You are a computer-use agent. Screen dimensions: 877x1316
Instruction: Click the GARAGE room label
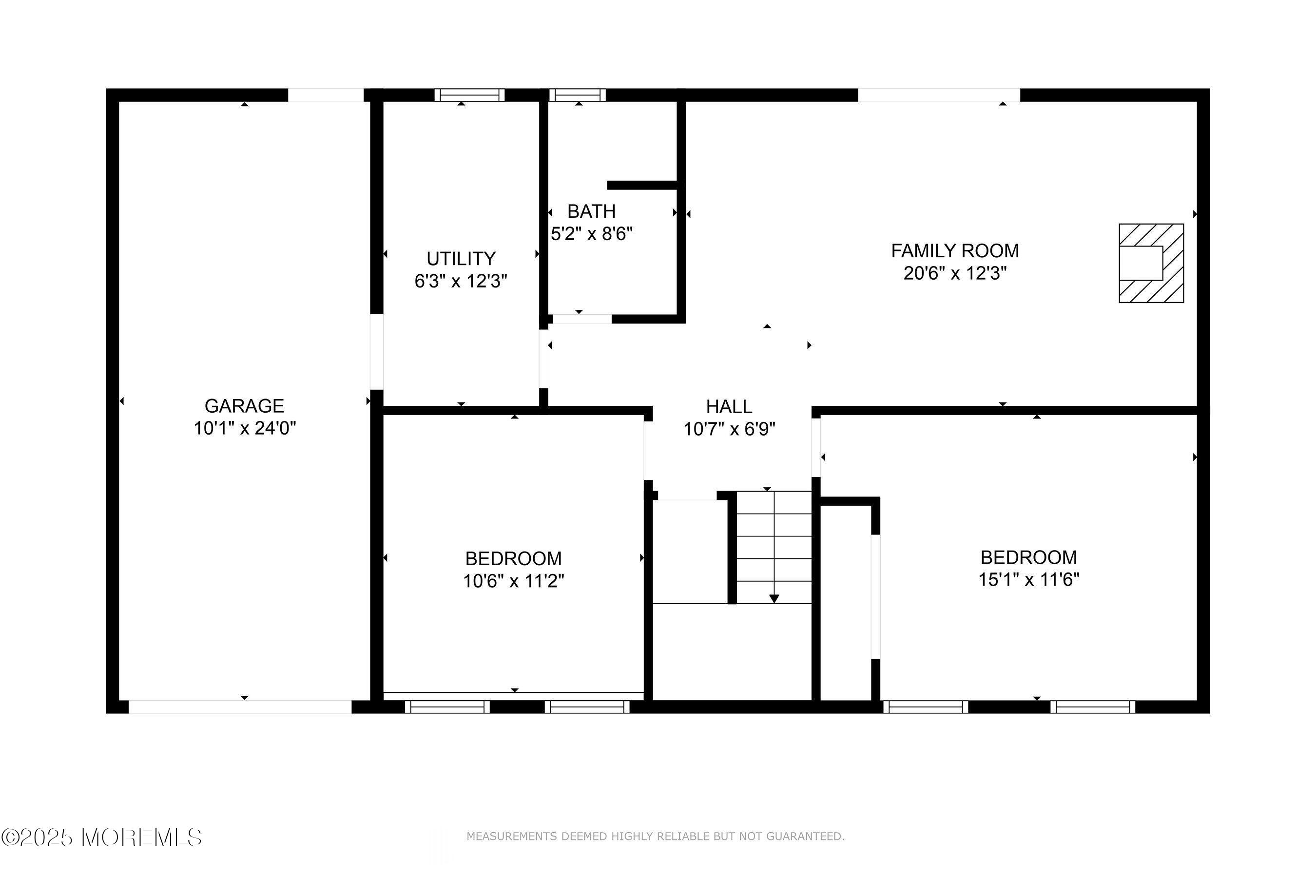click(244, 406)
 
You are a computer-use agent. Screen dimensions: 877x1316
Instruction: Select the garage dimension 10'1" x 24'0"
click(244, 428)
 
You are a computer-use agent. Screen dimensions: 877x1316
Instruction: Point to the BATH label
click(591, 211)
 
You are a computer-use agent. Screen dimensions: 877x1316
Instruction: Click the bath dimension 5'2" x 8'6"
click(591, 234)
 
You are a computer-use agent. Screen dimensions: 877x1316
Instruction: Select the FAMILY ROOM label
click(954, 251)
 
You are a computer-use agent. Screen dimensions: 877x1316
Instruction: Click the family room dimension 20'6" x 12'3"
click(954, 273)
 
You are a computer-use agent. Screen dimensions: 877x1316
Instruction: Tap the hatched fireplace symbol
click(1151, 264)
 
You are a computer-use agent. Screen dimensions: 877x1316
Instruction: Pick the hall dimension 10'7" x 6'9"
click(729, 429)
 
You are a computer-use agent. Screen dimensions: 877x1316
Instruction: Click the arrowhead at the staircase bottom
click(774, 599)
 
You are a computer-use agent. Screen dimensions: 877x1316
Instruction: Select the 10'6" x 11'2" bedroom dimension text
click(513, 582)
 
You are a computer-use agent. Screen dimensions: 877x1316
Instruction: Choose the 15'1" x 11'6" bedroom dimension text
click(1028, 580)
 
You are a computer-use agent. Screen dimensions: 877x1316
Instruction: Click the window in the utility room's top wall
click(469, 95)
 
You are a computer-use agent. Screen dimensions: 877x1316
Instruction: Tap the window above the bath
click(578, 95)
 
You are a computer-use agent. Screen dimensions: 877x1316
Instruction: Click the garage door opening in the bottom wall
click(240, 707)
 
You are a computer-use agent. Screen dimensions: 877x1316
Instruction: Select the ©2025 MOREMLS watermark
click(101, 837)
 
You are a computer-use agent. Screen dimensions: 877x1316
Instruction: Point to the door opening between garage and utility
click(377, 352)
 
